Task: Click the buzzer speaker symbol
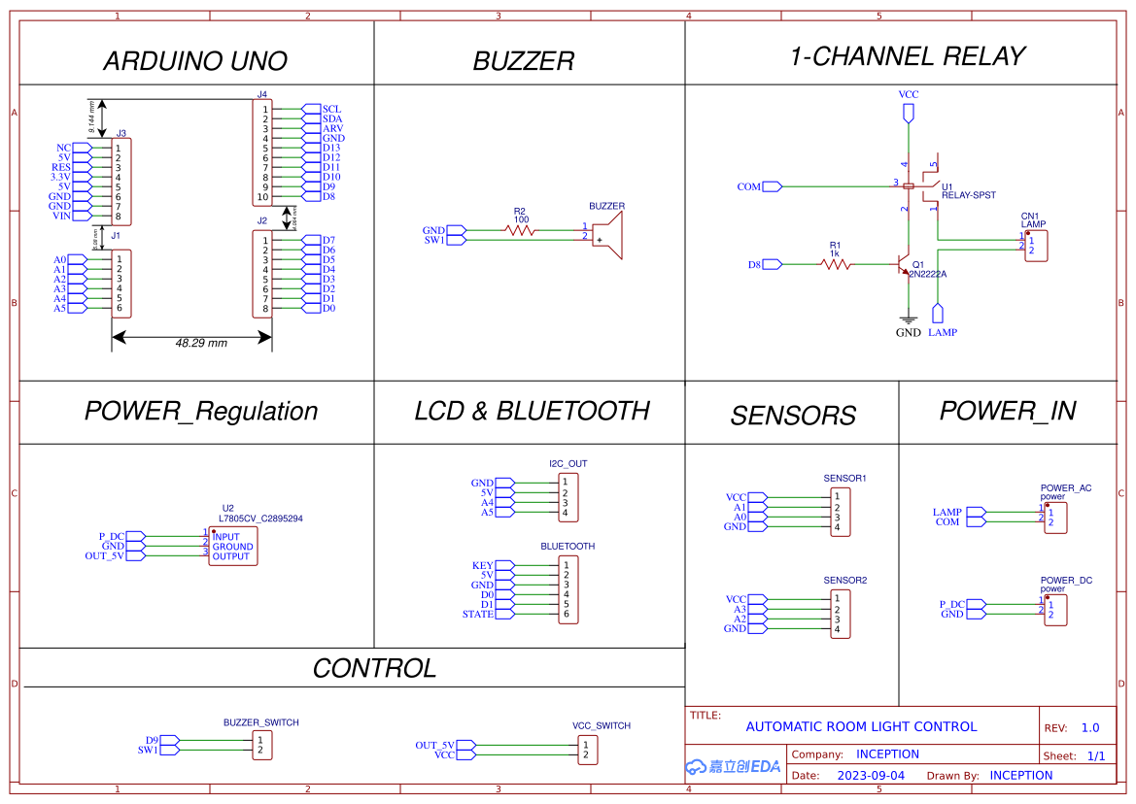[609, 235]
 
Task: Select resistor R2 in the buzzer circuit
[520, 230]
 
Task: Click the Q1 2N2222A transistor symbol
[905, 266]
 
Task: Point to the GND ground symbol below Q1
[908, 318]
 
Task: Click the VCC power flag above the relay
[909, 114]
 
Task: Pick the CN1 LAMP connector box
[1036, 245]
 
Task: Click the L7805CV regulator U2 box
[232, 547]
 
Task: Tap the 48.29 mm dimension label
[201, 344]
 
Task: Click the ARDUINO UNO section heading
[195, 61]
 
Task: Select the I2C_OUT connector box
[568, 497]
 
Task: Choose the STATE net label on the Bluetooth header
[478, 614]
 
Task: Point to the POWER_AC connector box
[1055, 517]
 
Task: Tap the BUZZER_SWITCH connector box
[261, 745]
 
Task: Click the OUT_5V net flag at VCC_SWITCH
[435, 745]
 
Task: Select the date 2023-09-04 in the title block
[871, 776]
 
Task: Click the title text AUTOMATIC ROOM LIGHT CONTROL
[861, 726]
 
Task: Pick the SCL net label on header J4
[331, 109]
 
